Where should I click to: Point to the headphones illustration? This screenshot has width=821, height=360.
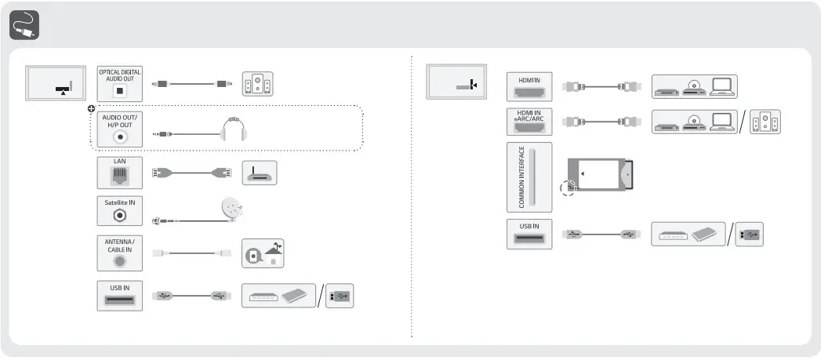[x=234, y=130]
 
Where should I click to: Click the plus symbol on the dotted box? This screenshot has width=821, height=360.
[x=93, y=107]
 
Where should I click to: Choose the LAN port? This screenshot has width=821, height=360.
[x=120, y=175]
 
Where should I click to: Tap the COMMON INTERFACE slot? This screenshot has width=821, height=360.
[x=530, y=177]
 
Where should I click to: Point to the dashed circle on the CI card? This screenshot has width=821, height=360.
[x=571, y=189]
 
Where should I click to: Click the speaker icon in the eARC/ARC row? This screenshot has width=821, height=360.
[x=765, y=122]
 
